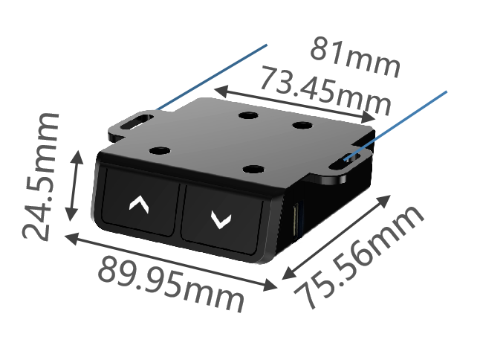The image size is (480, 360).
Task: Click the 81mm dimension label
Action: pos(355,57)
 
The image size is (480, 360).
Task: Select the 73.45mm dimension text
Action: pos(325,91)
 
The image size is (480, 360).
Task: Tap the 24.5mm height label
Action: pos(40,177)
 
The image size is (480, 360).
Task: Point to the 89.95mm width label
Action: pos(171,284)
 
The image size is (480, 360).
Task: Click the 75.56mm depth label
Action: pos(359,257)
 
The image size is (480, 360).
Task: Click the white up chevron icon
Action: pos(139,205)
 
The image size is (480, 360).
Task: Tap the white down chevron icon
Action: pos(221,219)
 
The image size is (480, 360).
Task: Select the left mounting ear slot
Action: pos(137,122)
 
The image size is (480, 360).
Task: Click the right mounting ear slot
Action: pos(345,161)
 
